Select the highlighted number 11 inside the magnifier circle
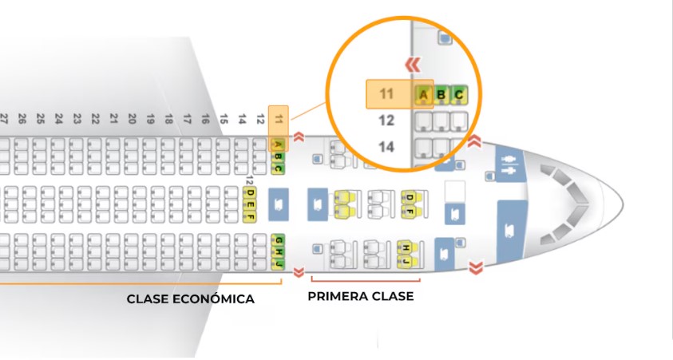pyautogui.click(x=387, y=94)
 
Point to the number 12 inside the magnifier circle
pyautogui.click(x=386, y=121)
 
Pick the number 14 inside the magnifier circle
pyautogui.click(x=386, y=147)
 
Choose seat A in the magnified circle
pyautogui.click(x=423, y=96)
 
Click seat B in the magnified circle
pyautogui.click(x=441, y=96)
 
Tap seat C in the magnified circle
pyautogui.click(x=458, y=96)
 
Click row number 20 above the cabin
pyautogui.click(x=132, y=119)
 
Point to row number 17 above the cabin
pyautogui.click(x=187, y=119)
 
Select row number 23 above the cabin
pyautogui.click(x=77, y=119)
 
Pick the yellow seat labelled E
pyautogui.click(x=250, y=204)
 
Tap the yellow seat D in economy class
pyautogui.click(x=250, y=192)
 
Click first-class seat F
pyautogui.click(x=410, y=210)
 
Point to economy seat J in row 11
pyautogui.click(x=279, y=263)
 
